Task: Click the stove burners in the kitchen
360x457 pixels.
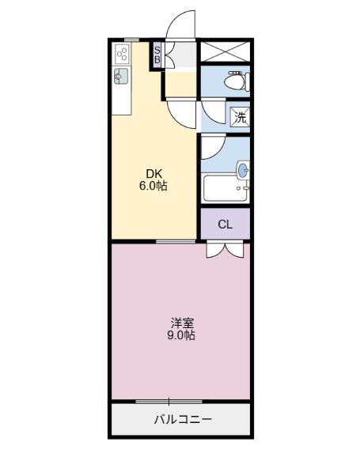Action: pos(123,54)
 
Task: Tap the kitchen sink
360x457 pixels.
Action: pos(122,76)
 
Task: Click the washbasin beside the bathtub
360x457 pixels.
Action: pos(243,169)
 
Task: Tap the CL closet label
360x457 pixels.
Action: pos(225,225)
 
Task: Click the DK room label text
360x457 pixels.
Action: pos(153,174)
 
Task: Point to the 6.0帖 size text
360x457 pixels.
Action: pos(153,187)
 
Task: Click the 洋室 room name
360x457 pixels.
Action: pos(181,323)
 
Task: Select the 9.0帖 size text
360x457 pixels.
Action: pos(181,335)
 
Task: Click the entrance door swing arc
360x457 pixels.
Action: pos(180,24)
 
